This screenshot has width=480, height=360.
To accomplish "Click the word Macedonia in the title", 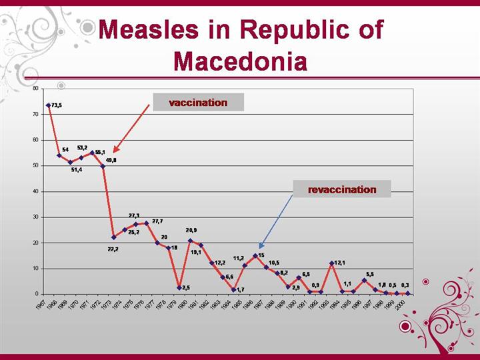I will (240, 61).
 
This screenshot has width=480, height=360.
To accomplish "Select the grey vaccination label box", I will (198, 103).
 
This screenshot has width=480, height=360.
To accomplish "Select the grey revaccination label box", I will (342, 189).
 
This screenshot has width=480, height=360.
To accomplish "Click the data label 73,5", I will (57, 105).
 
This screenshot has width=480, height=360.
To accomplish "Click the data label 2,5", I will (186, 287).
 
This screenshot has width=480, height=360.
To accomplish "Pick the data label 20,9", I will (191, 230).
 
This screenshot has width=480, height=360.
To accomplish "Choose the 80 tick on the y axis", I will (35, 88).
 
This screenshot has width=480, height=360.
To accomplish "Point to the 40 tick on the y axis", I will (35, 191).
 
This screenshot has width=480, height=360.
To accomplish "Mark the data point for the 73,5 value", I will (48, 105).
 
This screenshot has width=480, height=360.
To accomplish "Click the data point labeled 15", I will (255, 255).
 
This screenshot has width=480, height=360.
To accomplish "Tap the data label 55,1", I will (100, 152).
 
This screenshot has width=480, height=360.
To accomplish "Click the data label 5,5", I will (370, 274).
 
